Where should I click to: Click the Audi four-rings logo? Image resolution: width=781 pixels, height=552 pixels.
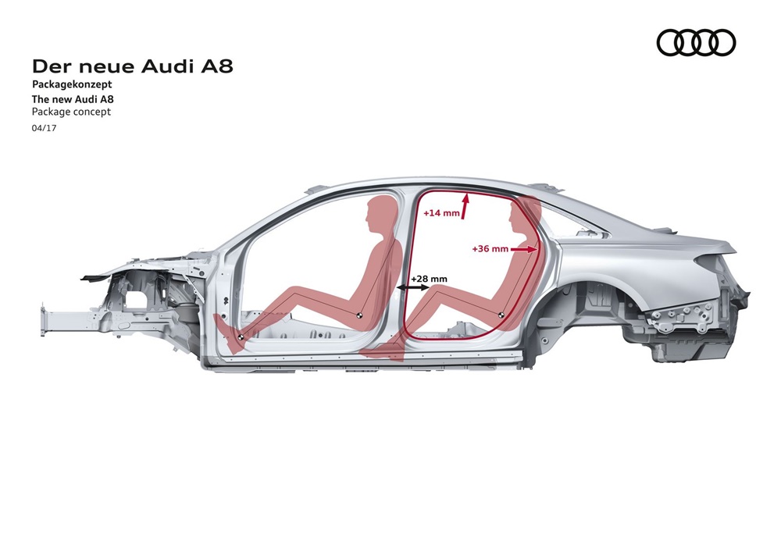[696, 42]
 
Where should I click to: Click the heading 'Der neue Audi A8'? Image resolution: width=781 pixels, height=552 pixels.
[133, 66]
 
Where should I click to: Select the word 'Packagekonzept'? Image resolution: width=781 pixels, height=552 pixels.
[72, 84]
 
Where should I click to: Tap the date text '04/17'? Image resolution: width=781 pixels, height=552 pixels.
[45, 128]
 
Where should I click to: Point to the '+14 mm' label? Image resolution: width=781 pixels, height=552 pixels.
[441, 213]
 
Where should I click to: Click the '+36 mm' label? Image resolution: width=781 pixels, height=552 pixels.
[490, 248]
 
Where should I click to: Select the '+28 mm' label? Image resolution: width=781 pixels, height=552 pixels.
[429, 279]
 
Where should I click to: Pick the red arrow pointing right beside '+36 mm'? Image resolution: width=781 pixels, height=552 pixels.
[524, 249]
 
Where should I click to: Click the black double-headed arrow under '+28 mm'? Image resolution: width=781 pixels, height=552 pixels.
[413, 287]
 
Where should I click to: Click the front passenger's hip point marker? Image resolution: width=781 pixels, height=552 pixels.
[358, 315]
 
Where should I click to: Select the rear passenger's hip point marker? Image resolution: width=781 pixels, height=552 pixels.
[501, 315]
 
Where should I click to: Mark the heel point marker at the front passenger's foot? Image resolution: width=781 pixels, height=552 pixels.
[241, 337]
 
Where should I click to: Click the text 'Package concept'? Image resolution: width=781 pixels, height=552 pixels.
[71, 112]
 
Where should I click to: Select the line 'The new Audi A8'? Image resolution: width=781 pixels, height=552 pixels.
[73, 98]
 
